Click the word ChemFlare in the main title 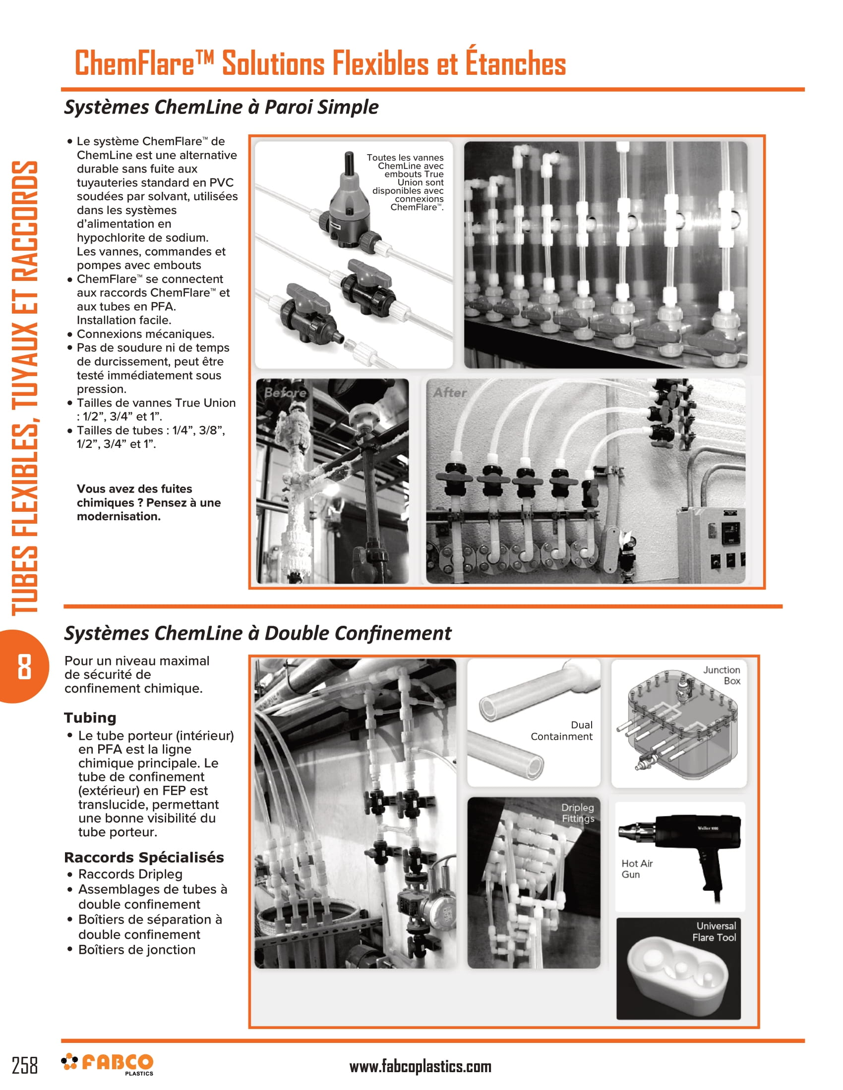click(x=135, y=63)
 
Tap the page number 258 click(x=24, y=1065)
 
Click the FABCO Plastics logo click(x=108, y=1064)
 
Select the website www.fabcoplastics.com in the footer click(x=420, y=1067)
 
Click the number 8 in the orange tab click(x=24, y=667)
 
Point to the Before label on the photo click(x=285, y=393)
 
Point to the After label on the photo click(x=450, y=393)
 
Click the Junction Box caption click(x=722, y=675)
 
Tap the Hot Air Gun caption click(x=637, y=869)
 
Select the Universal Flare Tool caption click(x=714, y=932)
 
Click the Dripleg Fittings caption click(x=578, y=813)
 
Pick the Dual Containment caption click(x=562, y=731)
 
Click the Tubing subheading click(x=90, y=718)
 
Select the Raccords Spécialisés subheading click(x=144, y=858)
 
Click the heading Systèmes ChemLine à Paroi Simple click(x=221, y=107)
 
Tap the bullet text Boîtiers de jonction click(x=137, y=950)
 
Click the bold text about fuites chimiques click(x=148, y=502)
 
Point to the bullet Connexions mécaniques click(x=145, y=334)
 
